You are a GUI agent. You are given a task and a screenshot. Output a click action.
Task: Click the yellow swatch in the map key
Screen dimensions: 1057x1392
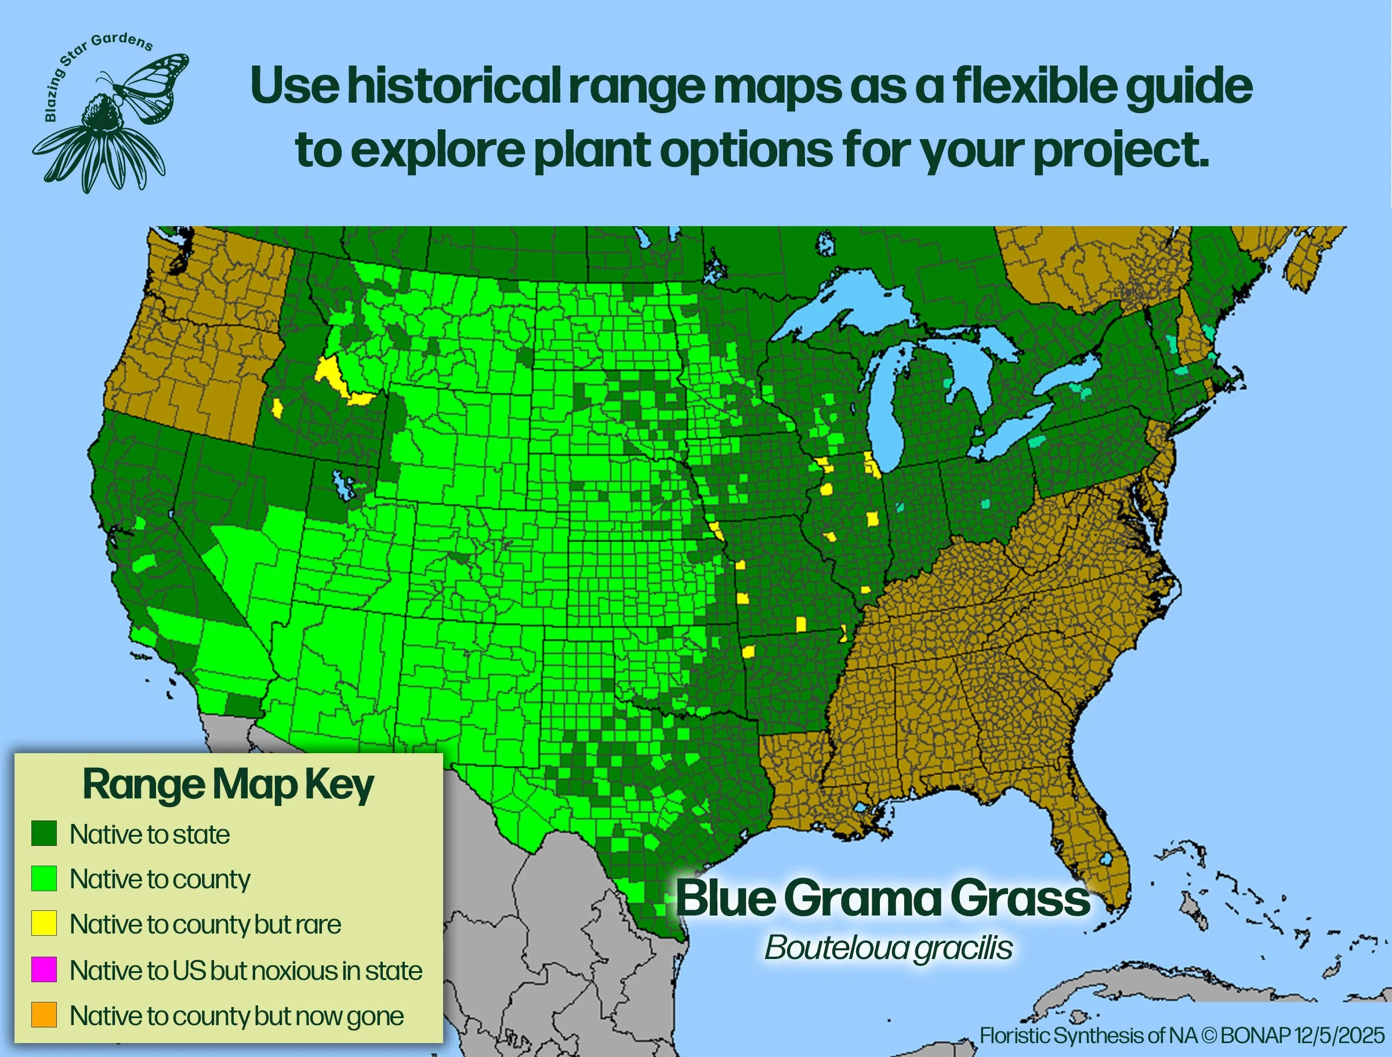[44, 923]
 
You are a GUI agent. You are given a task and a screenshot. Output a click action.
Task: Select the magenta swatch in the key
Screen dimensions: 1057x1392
[44, 969]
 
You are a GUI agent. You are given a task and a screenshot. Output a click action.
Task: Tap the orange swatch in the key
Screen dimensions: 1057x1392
[44, 1015]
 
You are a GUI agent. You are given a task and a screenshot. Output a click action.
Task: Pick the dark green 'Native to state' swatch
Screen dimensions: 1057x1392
[44, 834]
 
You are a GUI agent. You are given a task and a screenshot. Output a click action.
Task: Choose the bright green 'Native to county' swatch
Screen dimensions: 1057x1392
[44, 878]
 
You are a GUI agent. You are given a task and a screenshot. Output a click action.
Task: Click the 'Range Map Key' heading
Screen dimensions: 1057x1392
[228, 785]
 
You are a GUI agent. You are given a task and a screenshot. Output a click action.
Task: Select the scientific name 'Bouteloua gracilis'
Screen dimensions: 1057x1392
[888, 947]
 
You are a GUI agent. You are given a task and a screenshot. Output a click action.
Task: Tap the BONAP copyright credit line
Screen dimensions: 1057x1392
[1182, 1035]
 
